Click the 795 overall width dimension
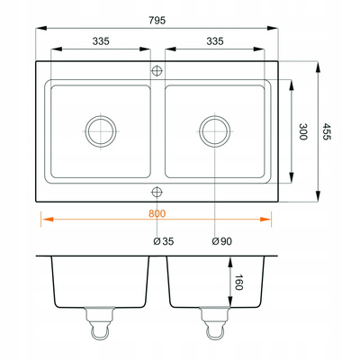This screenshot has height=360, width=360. pos(157,21)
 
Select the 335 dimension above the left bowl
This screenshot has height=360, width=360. pos(101,41)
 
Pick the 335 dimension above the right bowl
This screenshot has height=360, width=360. pos(215,41)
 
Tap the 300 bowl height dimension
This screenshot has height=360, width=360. pos(303,131)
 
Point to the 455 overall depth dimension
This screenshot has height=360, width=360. pos(327,131)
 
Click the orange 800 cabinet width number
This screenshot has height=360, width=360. pos(157,213)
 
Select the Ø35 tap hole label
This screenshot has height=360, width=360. pos(164,241)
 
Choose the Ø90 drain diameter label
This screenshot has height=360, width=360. pos(221,241)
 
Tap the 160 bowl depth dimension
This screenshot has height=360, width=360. pos(238,283)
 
